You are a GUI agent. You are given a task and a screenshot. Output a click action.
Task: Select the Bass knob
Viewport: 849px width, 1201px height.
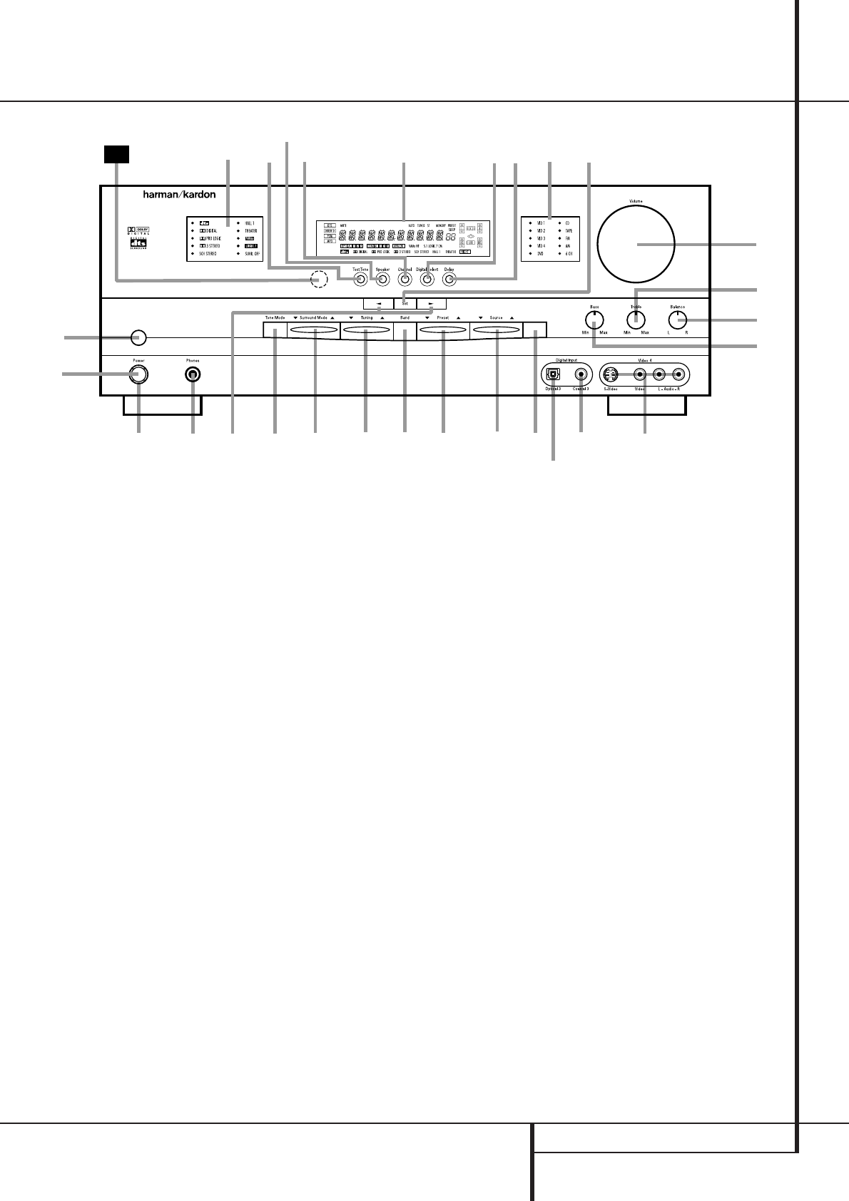pyautogui.click(x=594, y=320)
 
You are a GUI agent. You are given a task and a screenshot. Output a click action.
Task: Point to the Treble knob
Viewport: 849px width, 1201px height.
pyautogui.click(x=636, y=320)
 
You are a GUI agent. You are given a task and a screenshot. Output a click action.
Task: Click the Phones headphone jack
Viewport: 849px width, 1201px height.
pyautogui.click(x=192, y=374)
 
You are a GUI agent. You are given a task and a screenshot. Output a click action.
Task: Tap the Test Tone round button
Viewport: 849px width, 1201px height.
pyautogui.click(x=360, y=280)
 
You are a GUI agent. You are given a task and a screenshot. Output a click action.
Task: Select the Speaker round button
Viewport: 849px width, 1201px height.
pyautogui.click(x=382, y=280)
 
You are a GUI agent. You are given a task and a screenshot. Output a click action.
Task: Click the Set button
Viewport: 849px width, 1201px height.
pyautogui.click(x=405, y=302)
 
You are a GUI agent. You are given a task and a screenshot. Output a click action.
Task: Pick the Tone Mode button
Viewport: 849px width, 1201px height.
pyautogui.click(x=275, y=329)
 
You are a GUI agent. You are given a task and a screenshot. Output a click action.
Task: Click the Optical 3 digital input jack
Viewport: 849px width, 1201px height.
pyautogui.click(x=553, y=374)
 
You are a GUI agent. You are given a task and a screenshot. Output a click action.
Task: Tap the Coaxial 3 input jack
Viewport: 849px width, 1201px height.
pyautogui.click(x=581, y=374)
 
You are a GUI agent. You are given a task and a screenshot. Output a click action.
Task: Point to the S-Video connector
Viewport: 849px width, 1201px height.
pyautogui.click(x=609, y=374)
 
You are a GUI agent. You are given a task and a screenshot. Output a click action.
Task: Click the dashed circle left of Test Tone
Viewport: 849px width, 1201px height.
pyautogui.click(x=319, y=280)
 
